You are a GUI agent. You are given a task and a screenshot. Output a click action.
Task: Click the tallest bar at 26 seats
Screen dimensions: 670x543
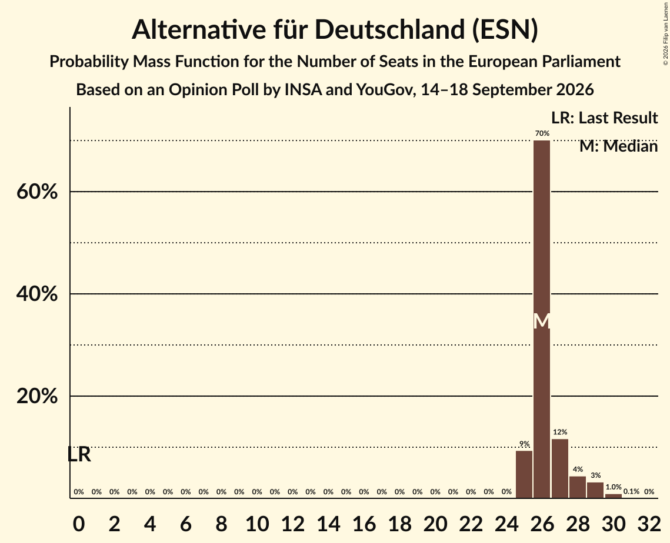click(542, 319)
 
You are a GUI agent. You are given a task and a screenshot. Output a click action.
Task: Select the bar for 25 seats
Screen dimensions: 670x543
click(524, 474)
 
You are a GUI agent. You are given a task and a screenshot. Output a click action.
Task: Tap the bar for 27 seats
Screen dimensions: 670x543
click(560, 468)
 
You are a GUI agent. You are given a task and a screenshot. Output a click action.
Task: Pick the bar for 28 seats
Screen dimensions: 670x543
click(578, 487)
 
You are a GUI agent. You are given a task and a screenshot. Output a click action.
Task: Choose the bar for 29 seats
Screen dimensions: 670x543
click(595, 490)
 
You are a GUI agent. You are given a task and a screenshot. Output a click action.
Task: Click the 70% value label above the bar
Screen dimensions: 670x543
click(542, 133)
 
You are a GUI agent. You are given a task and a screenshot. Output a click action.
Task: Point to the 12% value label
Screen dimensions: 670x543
click(560, 432)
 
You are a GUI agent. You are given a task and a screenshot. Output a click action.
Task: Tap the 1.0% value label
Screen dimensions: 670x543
click(613, 487)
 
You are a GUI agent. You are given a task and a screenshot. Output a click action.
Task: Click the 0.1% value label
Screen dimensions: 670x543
click(631, 492)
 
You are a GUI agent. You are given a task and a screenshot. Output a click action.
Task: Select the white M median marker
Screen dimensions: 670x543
click(542, 321)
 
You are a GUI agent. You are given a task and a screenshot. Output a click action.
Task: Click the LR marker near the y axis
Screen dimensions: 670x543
click(79, 455)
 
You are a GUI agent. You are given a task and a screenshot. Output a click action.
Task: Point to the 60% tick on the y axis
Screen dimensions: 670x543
click(36, 192)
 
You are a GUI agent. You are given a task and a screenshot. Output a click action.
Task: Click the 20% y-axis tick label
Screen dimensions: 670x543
click(36, 396)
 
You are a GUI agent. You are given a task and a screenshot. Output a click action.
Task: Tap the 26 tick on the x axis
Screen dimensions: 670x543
click(542, 524)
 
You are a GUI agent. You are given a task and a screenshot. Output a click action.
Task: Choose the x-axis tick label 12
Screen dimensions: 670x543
click(293, 524)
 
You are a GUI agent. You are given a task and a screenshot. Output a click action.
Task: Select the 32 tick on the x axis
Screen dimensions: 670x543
click(649, 524)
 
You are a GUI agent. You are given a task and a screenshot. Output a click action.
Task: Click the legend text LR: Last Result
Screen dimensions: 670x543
click(604, 118)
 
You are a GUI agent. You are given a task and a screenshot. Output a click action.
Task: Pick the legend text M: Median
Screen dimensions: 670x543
click(618, 146)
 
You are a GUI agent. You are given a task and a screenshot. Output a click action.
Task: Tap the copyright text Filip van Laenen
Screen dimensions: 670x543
click(665, 27)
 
